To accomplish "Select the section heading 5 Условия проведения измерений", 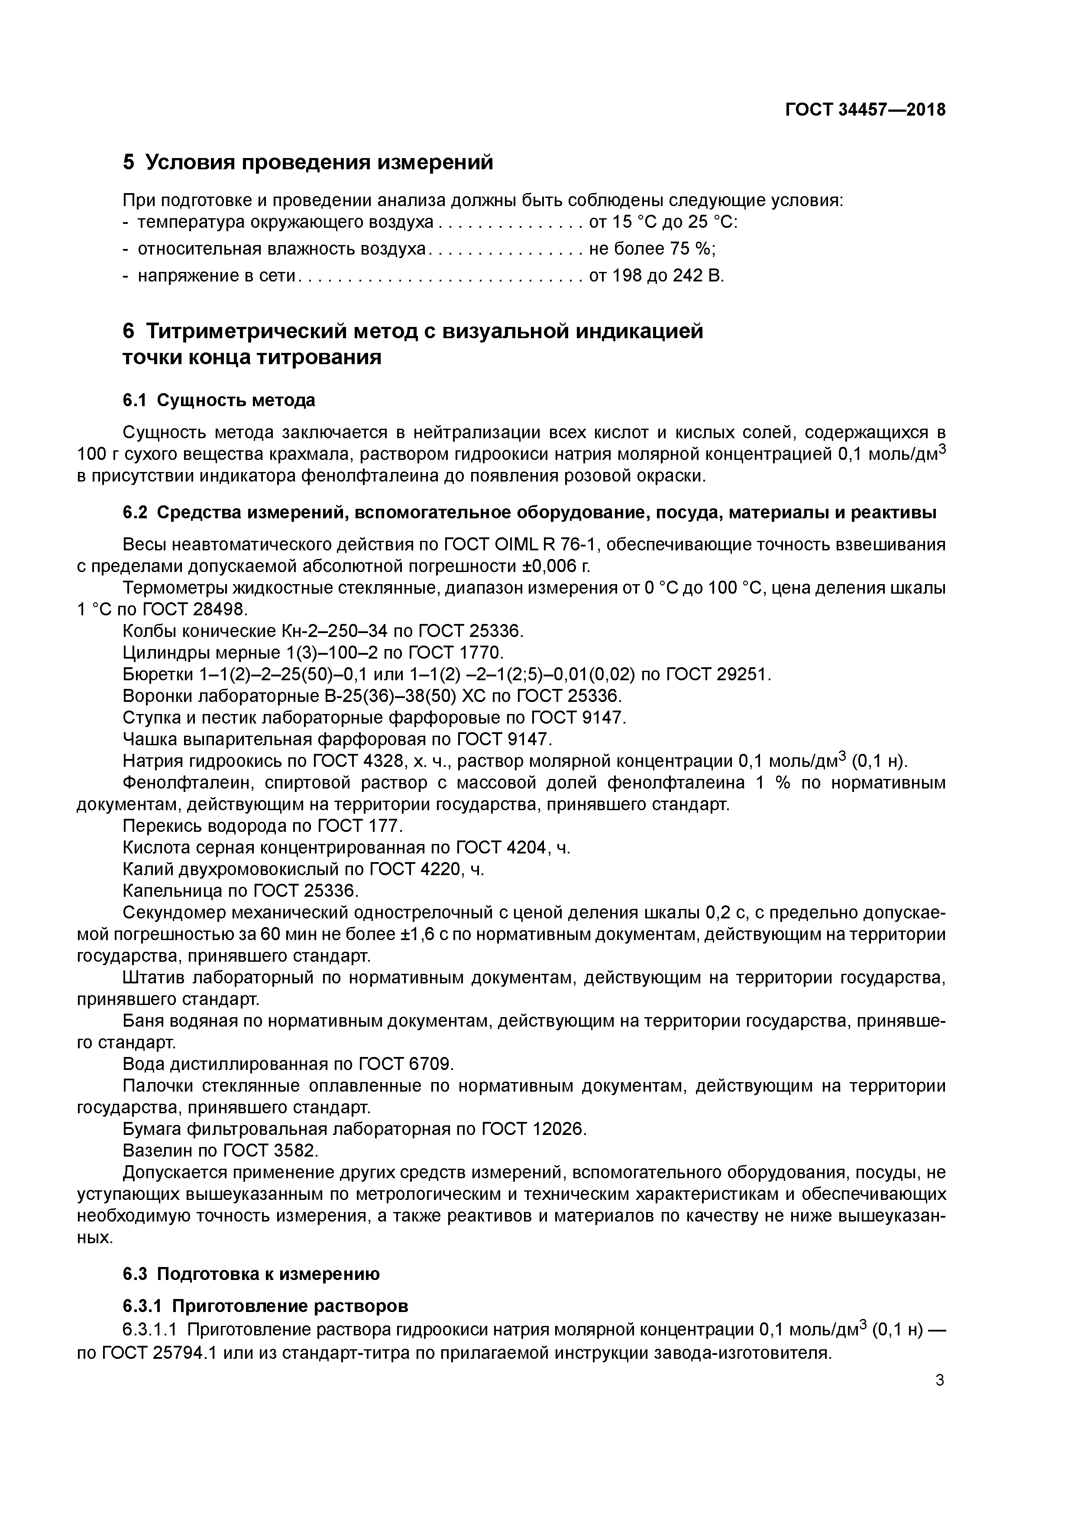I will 308,162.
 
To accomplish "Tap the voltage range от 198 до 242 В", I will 657,276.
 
